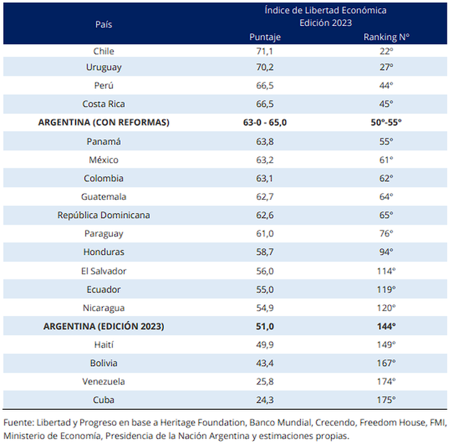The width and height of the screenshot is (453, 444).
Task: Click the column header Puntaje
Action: pyautogui.click(x=265, y=37)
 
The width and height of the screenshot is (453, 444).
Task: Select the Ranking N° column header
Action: pyautogui.click(x=387, y=37)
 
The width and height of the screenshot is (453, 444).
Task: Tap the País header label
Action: pyautogui.click(x=104, y=24)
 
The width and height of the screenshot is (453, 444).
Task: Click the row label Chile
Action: pyautogui.click(x=104, y=51)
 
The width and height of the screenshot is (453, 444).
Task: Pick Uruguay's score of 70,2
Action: pyautogui.click(x=265, y=66)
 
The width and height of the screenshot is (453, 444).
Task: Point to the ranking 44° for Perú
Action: pyautogui.click(x=387, y=85)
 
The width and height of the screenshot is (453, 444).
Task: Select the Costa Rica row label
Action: pyautogui.click(x=104, y=104)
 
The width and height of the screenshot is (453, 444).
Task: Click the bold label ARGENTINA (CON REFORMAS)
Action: pyautogui.click(x=104, y=122)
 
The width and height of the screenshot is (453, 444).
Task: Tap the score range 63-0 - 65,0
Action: pyautogui.click(x=265, y=122)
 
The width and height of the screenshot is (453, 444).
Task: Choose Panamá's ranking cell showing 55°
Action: pyautogui.click(x=387, y=141)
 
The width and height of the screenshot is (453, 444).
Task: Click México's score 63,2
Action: pyautogui.click(x=265, y=160)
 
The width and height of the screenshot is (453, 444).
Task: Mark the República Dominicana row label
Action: pyautogui.click(x=104, y=215)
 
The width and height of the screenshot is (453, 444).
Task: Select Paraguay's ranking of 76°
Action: pyautogui.click(x=387, y=233)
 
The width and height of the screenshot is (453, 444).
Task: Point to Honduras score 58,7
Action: pyautogui.click(x=265, y=252)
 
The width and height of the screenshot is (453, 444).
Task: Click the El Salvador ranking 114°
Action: pyautogui.click(x=387, y=271)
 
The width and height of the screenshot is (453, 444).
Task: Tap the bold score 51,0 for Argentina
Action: pyautogui.click(x=265, y=326)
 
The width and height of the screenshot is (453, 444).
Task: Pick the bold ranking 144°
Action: pyautogui.click(x=387, y=326)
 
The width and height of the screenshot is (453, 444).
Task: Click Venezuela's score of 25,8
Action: pyautogui.click(x=265, y=381)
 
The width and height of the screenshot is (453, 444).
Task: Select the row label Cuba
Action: pyautogui.click(x=104, y=400)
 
